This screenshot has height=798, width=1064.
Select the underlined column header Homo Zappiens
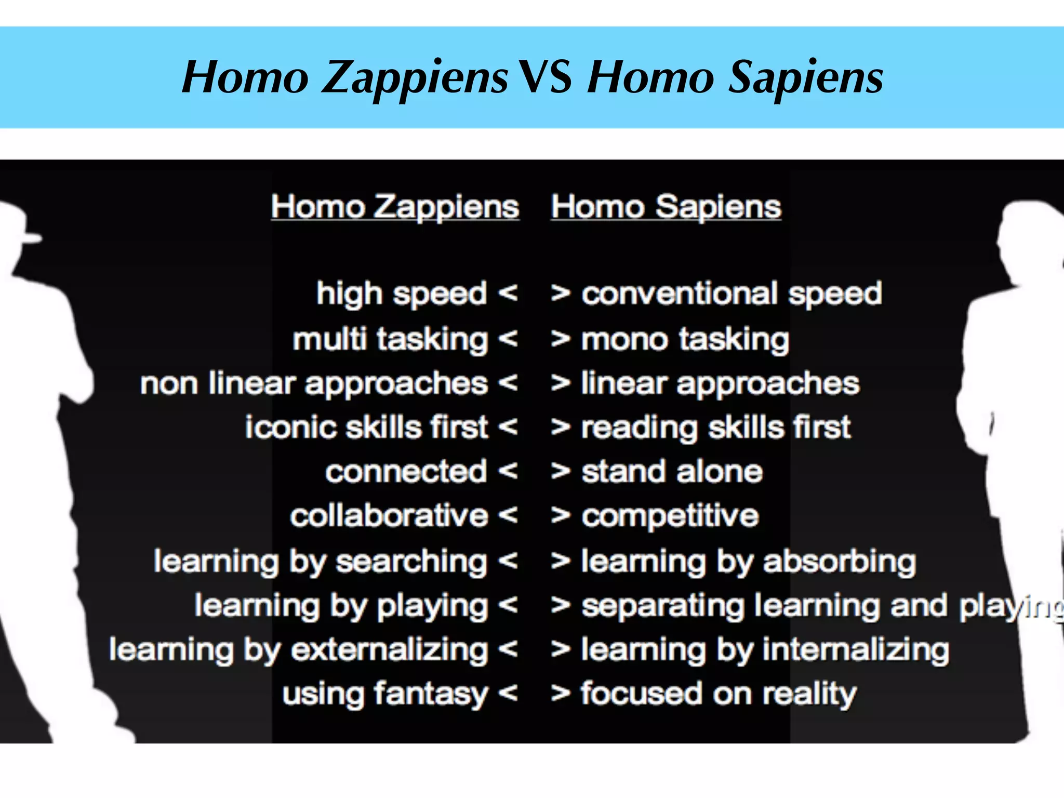395,207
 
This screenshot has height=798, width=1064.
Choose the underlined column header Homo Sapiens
666,207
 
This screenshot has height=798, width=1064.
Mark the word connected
406,472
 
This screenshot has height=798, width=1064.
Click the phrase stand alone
672,472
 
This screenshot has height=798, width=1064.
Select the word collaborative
389,516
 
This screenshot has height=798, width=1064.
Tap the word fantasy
431,695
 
